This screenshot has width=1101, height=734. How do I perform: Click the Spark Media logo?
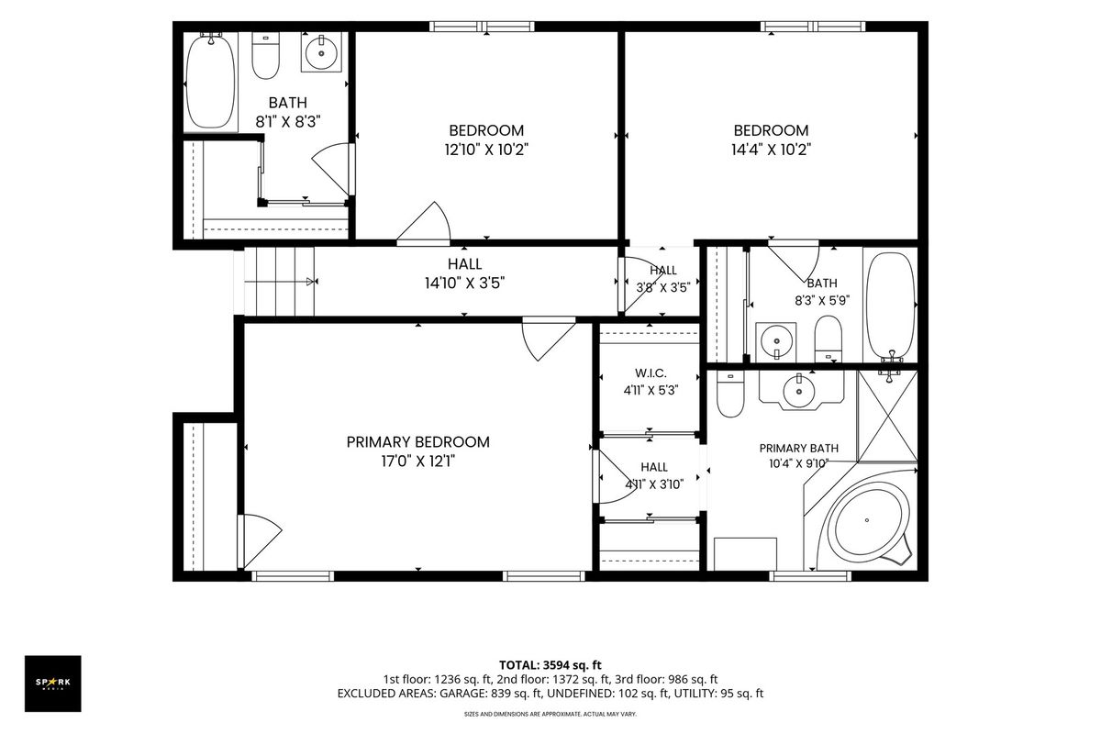click(x=53, y=684)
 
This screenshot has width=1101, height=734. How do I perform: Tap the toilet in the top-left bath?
click(x=265, y=56)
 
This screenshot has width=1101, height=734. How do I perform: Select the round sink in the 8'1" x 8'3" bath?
click(x=321, y=52)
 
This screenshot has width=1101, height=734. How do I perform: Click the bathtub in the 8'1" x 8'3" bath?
click(x=211, y=82)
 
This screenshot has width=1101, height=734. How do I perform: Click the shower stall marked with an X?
click(x=887, y=417)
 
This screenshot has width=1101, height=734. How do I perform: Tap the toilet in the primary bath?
click(x=730, y=395)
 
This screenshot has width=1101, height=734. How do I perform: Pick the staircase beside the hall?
click(x=279, y=281)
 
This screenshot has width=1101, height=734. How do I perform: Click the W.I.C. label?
click(x=651, y=373)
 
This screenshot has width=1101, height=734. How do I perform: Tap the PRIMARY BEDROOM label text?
click(x=417, y=442)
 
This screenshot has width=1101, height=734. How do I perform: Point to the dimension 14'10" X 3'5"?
click(x=465, y=284)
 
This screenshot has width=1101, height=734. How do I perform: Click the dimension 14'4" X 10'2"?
click(x=772, y=150)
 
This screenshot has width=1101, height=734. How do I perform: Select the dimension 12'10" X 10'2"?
click(x=486, y=150)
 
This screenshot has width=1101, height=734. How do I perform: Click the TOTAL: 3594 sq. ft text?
click(x=550, y=665)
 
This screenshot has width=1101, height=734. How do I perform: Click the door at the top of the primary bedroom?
click(x=549, y=339)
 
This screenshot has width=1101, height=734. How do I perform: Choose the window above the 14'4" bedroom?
click(x=813, y=27)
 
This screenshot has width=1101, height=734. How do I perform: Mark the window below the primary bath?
click(x=810, y=576)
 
